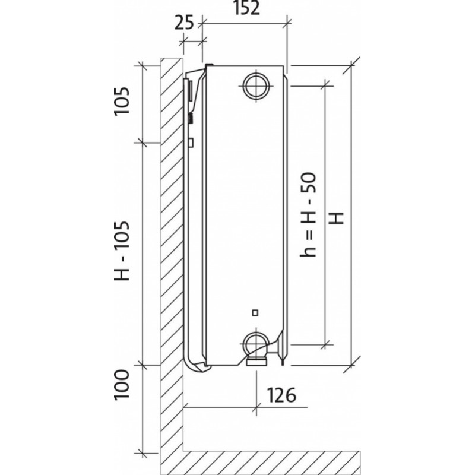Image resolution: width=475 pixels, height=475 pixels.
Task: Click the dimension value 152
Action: [x=246, y=10]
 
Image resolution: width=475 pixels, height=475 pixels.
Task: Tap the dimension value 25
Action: [x=185, y=23]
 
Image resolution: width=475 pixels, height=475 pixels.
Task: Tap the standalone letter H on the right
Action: [x=337, y=218]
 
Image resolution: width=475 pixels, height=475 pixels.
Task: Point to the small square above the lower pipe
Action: [x=255, y=312]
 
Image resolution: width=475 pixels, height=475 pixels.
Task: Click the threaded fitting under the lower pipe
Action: [x=256, y=360]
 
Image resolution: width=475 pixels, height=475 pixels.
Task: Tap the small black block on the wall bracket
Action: [x=191, y=118]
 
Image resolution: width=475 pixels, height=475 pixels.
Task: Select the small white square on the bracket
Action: [x=191, y=142]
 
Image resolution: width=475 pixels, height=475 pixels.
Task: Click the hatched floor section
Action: [x=267, y=460]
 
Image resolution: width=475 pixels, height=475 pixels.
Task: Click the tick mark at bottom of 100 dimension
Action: [x=142, y=451]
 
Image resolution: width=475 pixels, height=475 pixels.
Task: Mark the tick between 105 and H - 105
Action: [x=142, y=142]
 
